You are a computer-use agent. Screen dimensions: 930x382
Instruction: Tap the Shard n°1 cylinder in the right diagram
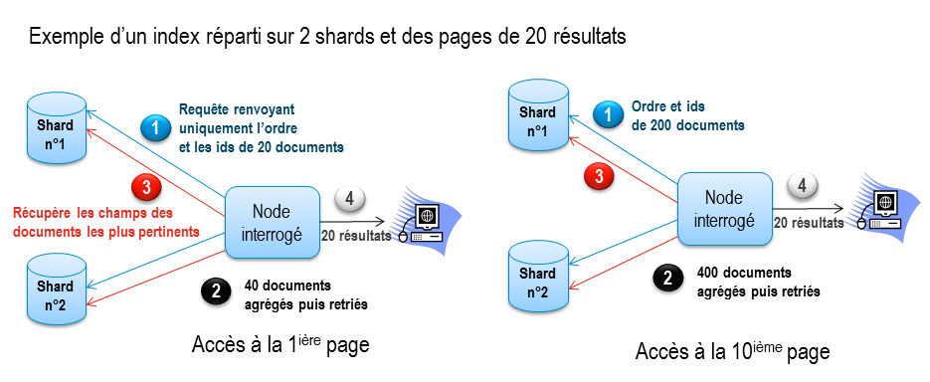[x=537, y=119]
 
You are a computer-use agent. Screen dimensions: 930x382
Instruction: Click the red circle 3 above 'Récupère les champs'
[x=146, y=186]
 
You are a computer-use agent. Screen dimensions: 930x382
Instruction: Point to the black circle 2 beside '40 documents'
[x=214, y=291]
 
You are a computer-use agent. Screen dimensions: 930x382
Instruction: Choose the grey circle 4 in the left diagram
[x=350, y=199]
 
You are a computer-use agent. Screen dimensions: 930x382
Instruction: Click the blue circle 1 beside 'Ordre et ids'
[x=607, y=116]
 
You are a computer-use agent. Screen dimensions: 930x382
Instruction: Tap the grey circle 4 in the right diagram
[x=803, y=185]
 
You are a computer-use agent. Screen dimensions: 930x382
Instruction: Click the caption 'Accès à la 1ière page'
[x=280, y=346]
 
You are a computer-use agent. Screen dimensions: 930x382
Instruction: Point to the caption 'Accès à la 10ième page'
[x=732, y=352]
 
